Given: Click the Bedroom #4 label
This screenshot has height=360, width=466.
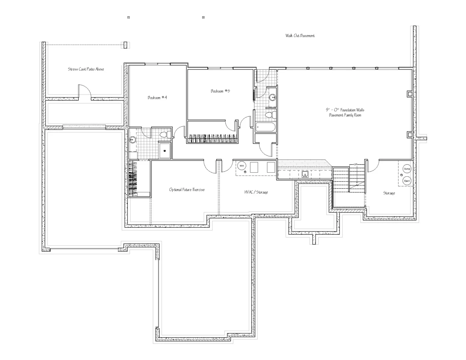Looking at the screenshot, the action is [x=157, y=97].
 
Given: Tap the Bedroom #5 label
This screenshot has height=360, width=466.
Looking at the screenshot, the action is [x=220, y=91].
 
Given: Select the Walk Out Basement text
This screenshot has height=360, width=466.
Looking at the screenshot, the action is [x=300, y=36].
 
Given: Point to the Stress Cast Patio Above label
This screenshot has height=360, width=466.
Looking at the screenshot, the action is [x=86, y=69].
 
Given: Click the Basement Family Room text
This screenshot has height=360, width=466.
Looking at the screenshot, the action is [x=345, y=115].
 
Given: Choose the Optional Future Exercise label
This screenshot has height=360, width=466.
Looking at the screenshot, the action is [x=187, y=190].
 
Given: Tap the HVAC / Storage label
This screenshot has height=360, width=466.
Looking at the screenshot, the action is [x=256, y=192].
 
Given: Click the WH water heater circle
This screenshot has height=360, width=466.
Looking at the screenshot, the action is [x=242, y=166].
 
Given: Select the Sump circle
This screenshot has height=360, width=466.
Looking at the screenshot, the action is [x=407, y=169].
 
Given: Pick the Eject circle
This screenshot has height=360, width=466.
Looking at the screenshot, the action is [x=407, y=181].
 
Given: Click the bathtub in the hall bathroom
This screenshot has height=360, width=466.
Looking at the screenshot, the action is [x=265, y=127].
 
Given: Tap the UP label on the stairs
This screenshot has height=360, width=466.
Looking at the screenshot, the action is [x=355, y=164].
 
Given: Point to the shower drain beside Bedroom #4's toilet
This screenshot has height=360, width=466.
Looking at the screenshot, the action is [x=165, y=151].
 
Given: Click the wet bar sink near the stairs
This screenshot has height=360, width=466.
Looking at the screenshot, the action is [x=305, y=174].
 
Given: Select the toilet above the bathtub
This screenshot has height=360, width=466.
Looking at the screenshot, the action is [x=271, y=115].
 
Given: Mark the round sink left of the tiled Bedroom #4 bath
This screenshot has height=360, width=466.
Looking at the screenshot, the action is [x=133, y=140].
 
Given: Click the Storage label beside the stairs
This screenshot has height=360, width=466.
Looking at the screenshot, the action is [x=389, y=193].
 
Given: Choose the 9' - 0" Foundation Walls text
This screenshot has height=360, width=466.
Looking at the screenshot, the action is [x=345, y=110].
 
